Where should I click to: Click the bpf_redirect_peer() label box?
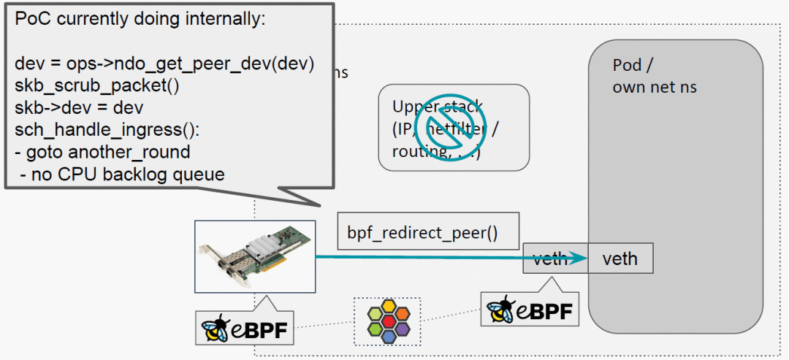427,234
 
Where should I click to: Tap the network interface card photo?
255,256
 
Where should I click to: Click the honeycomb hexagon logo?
386,321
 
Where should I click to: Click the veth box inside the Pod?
620,258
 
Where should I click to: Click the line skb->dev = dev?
79,107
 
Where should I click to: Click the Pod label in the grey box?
626,66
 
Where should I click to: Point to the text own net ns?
654,88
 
